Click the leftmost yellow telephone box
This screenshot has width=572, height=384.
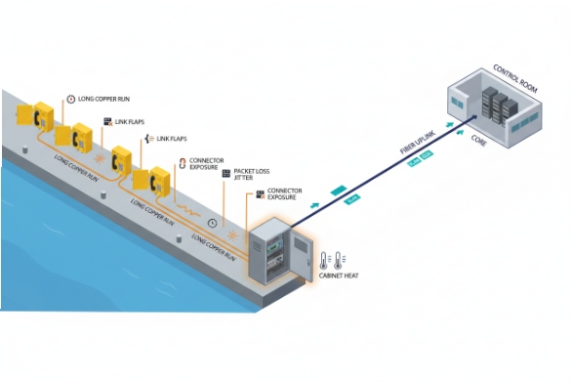tap(42, 114)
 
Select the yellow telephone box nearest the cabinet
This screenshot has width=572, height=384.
tap(157, 180)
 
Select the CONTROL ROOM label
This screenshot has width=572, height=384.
tap(515, 75)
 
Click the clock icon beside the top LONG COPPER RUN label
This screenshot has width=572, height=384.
tap(70, 99)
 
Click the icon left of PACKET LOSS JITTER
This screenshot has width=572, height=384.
tap(225, 173)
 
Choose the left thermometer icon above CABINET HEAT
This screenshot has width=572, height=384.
tap(322, 260)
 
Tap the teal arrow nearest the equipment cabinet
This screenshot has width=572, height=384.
tap(313, 207)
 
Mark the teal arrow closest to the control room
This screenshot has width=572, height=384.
tap(452, 125)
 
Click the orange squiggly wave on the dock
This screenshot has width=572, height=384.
tap(185, 209)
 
